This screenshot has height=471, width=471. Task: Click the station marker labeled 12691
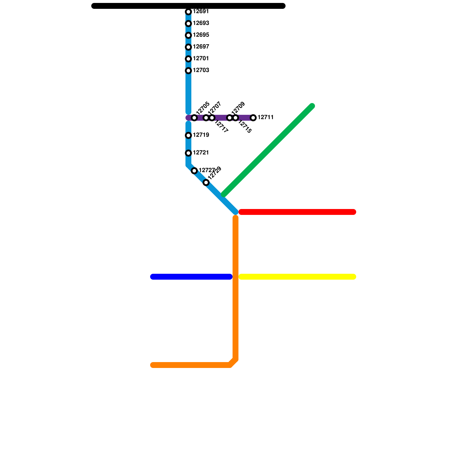[188, 12]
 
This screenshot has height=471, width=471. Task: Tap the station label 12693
[201, 23]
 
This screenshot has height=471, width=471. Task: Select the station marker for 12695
[188, 35]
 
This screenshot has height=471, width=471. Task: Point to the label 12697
[201, 47]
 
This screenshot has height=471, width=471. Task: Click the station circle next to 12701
[188, 59]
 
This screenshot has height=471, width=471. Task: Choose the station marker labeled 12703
[188, 71]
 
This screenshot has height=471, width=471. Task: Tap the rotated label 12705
[203, 108]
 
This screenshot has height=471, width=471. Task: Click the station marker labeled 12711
[253, 118]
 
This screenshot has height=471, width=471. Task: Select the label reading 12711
[266, 117]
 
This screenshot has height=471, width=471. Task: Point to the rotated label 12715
[245, 127]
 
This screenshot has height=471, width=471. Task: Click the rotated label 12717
[221, 127]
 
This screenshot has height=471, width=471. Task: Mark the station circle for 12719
[188, 135]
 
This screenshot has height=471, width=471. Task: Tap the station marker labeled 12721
[188, 153]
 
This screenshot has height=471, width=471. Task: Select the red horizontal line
[297, 212]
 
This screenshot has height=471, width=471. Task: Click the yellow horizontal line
[297, 277]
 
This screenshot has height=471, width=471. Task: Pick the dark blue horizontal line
[191, 277]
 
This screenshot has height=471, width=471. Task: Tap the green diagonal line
[268, 150]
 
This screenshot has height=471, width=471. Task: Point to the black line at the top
[188, 6]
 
